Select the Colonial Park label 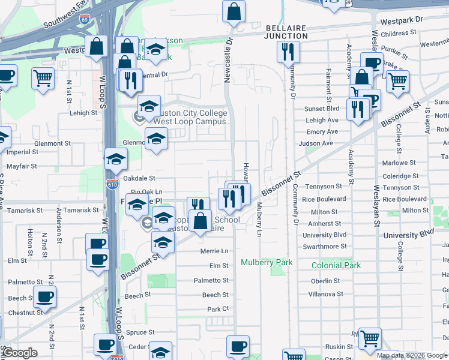coord(336,265)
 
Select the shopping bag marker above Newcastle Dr coord(234,10)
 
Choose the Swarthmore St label coord(324,246)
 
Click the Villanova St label coord(324,294)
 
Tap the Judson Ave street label coord(319,143)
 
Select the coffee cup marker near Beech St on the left coord(44,296)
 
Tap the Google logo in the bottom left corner coord(20,353)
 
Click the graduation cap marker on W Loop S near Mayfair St coord(116,159)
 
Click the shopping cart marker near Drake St coord(397,81)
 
